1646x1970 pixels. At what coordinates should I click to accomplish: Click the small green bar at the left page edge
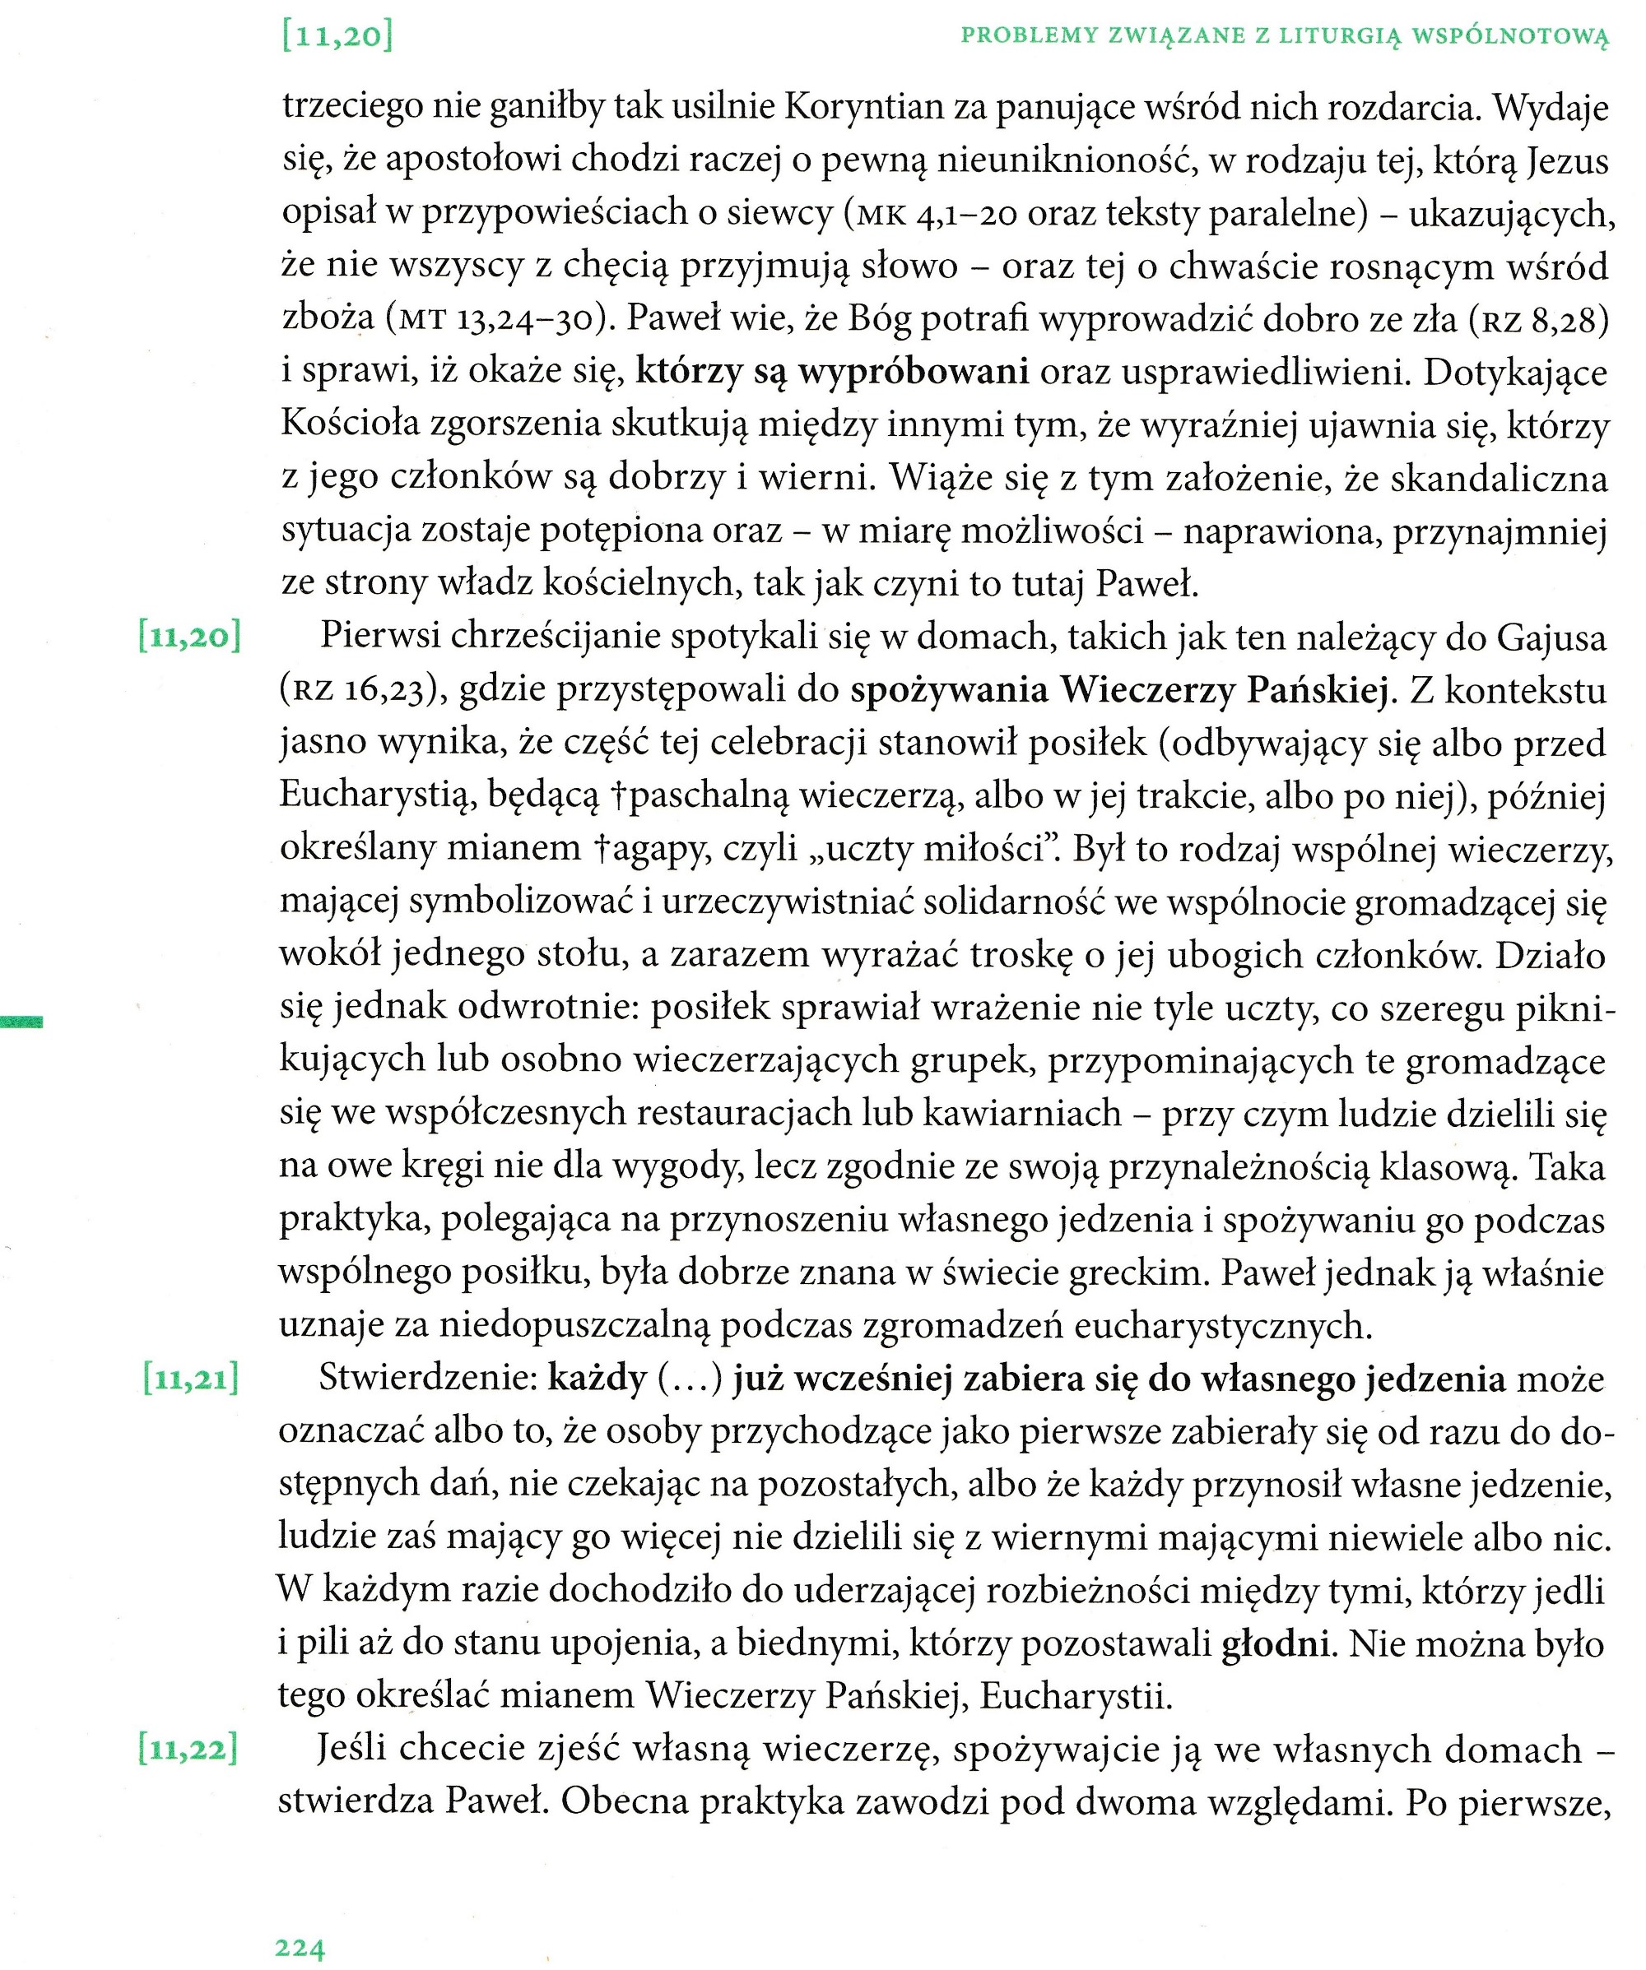point(21,1022)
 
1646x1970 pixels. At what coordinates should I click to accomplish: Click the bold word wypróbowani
point(913,373)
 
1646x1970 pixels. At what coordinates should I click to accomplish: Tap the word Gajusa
point(1551,638)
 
